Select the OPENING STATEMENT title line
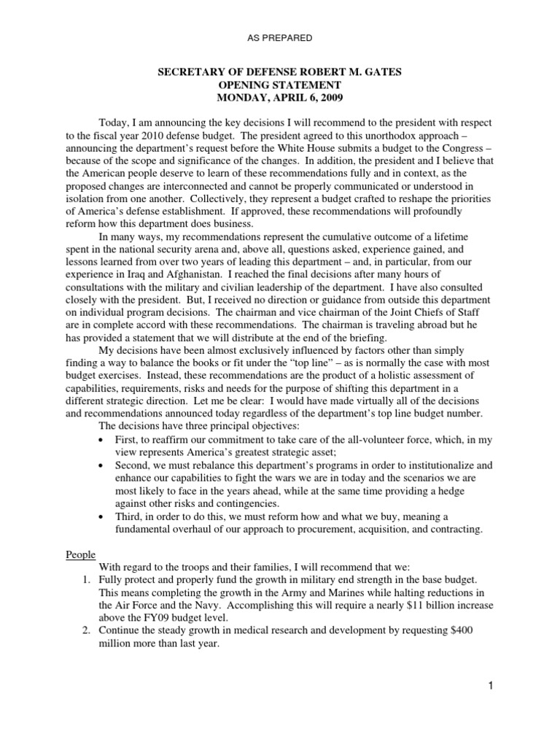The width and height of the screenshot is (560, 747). pyautogui.click(x=279, y=84)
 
